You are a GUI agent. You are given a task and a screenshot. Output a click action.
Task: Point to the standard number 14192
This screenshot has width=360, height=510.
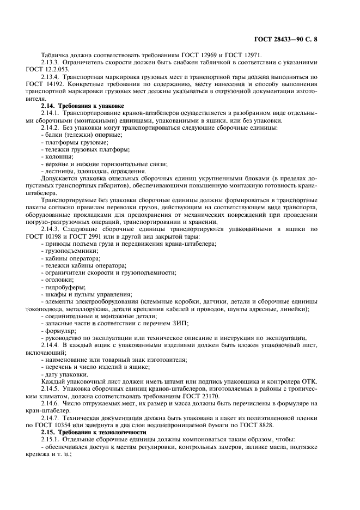click(x=70, y=84)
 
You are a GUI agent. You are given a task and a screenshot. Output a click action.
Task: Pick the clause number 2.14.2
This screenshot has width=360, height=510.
click(x=52, y=127)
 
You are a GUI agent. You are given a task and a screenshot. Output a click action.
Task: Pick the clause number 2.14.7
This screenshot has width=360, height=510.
click(x=52, y=417)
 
